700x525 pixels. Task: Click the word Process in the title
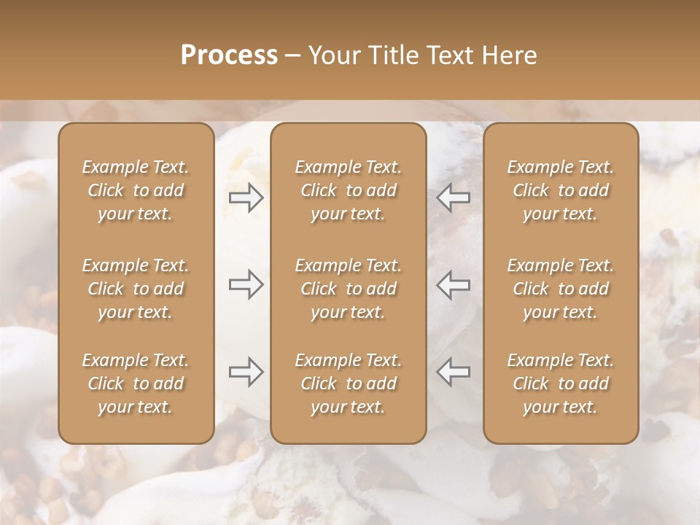[x=229, y=55]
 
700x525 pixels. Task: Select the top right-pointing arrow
[x=246, y=198]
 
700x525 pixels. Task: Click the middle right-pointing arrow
[x=246, y=284]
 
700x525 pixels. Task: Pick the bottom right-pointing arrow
[x=246, y=372]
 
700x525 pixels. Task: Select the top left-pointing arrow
[x=454, y=198]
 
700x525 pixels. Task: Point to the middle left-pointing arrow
[x=454, y=284]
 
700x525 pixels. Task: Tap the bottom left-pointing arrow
[x=454, y=372]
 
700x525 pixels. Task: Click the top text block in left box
[x=136, y=190]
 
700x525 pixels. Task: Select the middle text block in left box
[x=136, y=289]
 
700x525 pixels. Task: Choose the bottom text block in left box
[x=136, y=384]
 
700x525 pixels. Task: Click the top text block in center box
[x=349, y=190]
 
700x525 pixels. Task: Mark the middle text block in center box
[x=349, y=289]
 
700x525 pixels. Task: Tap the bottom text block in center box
[x=349, y=384]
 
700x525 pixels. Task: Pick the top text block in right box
[x=561, y=190]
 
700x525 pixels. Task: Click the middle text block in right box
[x=561, y=289]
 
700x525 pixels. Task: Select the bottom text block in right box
[x=561, y=384]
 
